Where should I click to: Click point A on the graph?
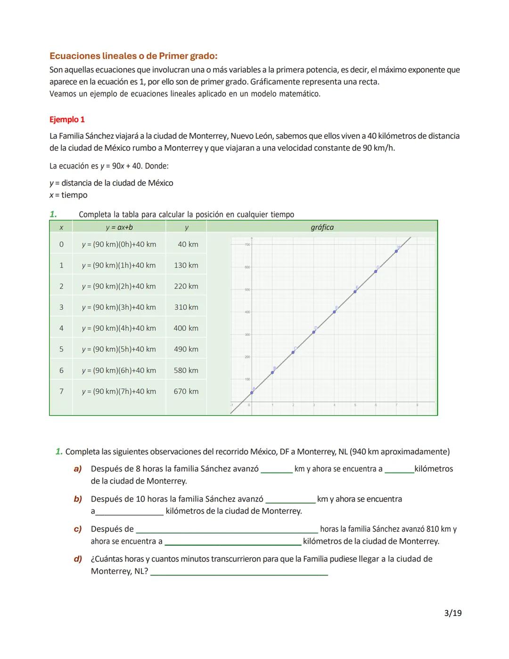tap(252, 392)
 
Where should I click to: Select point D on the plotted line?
tap(313, 332)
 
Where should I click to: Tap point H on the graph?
tap(396, 251)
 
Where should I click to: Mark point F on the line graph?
tap(355, 292)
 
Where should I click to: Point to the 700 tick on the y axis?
tap(247, 245)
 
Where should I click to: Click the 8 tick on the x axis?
tap(417, 405)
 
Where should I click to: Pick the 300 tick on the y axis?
tap(247, 334)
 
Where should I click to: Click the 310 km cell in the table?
tap(186, 307)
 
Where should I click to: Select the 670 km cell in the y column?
tap(186, 392)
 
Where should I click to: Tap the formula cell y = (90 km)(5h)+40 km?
tap(119, 349)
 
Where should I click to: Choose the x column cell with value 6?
tap(61, 370)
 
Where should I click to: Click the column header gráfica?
tap(322, 227)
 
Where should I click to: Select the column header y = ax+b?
tap(119, 227)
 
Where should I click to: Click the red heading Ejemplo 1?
tap(67, 120)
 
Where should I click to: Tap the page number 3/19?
tap(452, 613)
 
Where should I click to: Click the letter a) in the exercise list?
tap(78, 469)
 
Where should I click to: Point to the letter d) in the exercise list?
tap(78, 559)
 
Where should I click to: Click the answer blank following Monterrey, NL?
tap(239, 572)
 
